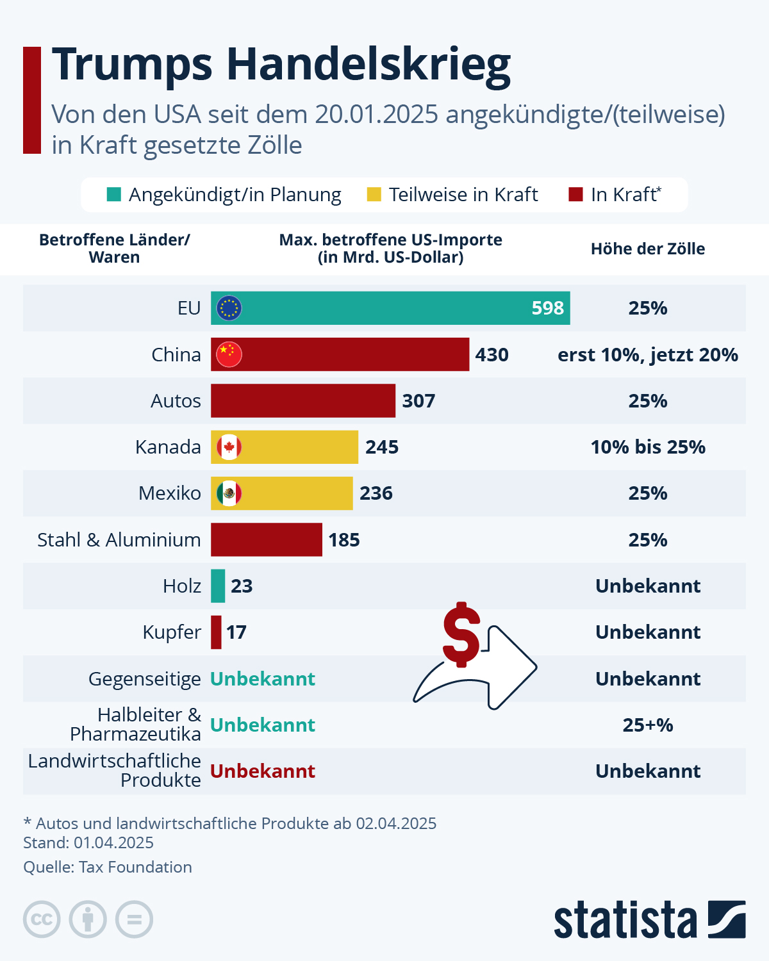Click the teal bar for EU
point(384,308)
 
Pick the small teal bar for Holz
point(218,586)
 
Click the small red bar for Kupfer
point(217,632)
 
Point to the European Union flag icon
point(229,308)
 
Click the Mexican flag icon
point(229,493)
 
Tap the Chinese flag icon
point(229,354)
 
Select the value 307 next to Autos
point(418,401)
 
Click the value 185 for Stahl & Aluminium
point(344,540)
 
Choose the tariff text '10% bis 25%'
point(648,447)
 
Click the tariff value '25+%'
point(648,725)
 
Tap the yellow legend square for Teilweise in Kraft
point(374,194)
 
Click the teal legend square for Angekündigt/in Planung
point(114,194)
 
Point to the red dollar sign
point(461,634)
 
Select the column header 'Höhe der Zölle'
point(648,249)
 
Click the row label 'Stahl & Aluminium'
point(119,540)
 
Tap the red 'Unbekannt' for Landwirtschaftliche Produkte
point(263,771)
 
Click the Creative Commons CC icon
point(42,919)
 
